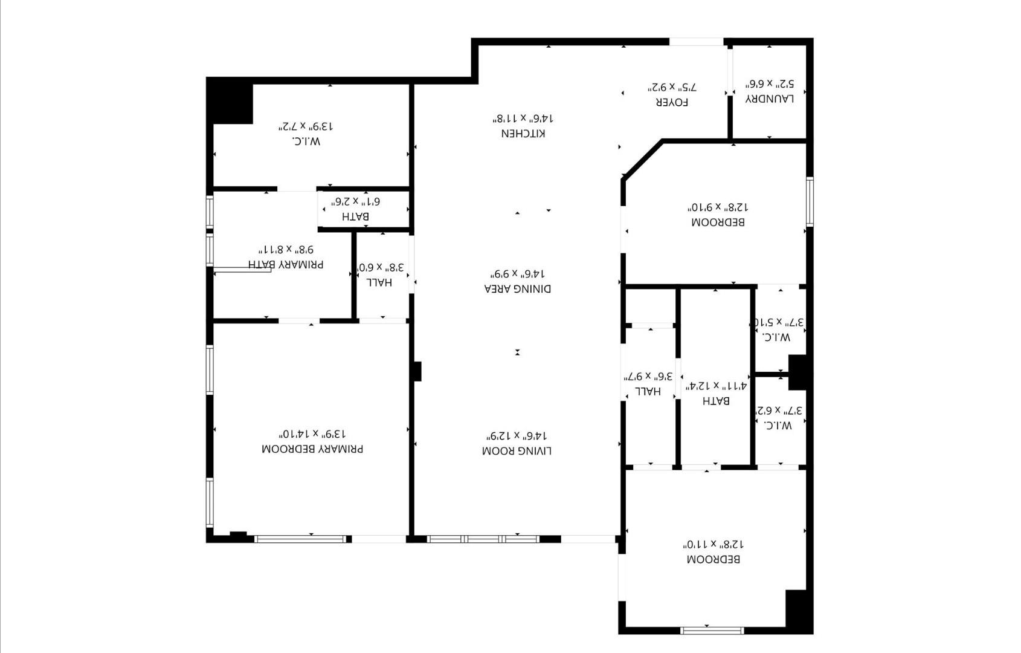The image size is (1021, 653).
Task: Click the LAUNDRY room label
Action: (x=770, y=99)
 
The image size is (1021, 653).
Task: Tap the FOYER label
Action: (x=672, y=102)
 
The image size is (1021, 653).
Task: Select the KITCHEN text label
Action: (x=523, y=134)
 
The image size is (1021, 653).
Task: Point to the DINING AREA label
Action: (x=517, y=289)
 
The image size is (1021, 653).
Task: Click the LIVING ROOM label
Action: (x=517, y=451)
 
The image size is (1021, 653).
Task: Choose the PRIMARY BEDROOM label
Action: (x=312, y=449)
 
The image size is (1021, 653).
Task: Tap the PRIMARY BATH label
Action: (x=286, y=264)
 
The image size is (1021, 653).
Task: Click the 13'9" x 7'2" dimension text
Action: (x=305, y=126)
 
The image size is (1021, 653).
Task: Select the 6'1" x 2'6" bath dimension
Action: (x=355, y=201)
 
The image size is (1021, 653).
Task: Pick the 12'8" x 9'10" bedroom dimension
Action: (x=718, y=207)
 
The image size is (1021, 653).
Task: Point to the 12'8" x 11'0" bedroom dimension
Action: (x=713, y=544)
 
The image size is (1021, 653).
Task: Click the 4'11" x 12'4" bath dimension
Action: (x=716, y=386)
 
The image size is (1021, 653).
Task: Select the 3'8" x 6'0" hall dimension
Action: (x=381, y=267)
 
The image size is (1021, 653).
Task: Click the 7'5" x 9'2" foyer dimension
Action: (x=672, y=86)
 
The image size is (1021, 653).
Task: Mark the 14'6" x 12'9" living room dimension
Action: (x=517, y=435)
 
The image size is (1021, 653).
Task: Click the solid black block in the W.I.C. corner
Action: (x=230, y=103)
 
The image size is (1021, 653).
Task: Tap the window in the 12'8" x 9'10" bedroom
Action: (x=810, y=202)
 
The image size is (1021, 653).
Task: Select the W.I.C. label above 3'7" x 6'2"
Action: (x=777, y=425)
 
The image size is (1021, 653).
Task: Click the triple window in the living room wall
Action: (x=483, y=539)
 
